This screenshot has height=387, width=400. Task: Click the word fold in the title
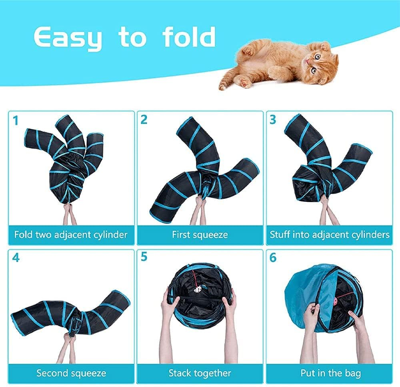click(189, 37)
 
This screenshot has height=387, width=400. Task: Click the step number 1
click(16, 120)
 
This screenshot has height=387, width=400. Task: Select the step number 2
click(144, 120)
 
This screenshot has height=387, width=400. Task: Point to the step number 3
click(273, 120)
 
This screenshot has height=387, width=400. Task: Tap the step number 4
click(16, 258)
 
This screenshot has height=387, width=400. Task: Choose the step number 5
click(144, 258)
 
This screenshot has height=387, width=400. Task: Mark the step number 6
click(273, 258)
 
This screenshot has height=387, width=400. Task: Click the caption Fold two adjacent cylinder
click(71, 235)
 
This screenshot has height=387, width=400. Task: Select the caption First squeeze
click(200, 235)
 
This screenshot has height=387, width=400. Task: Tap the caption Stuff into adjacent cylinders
click(329, 235)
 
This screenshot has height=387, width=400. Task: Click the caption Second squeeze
click(71, 373)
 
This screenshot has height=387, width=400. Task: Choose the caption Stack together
click(200, 373)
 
